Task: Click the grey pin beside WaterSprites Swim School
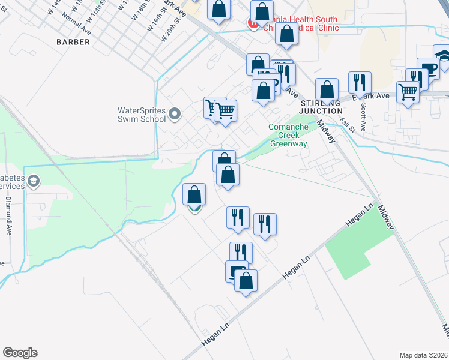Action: pos(175,113)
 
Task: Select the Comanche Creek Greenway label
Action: pos(289,135)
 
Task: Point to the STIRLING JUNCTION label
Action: pos(321,107)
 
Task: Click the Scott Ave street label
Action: pos(363,113)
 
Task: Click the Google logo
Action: pos(20,353)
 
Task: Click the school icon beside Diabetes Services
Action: pos(34,181)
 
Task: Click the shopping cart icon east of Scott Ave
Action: pos(408,92)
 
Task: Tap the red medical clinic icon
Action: pos(253,24)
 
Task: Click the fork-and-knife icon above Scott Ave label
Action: pos(360,82)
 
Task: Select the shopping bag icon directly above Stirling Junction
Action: pos(327,89)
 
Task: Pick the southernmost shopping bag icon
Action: pos(246,280)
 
